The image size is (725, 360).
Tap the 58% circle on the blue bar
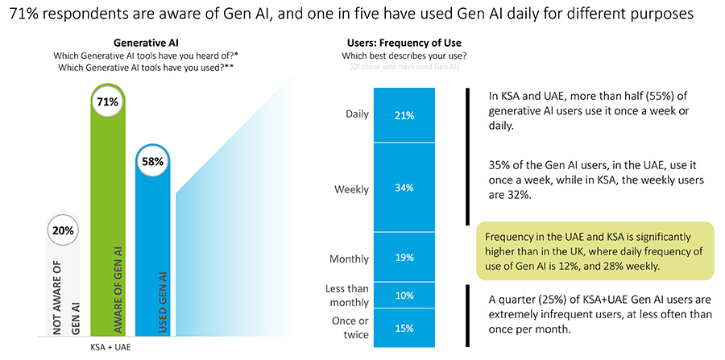pos(153,161)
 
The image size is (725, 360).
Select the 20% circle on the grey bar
pos(64,230)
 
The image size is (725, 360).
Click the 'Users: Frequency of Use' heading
pos(404,43)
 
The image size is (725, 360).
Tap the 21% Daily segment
pos(404,115)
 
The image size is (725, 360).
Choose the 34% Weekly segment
pos(404,188)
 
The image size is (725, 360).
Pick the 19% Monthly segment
pos(404,258)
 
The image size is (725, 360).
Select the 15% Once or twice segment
pos(404,328)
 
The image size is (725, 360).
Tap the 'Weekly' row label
pos(351,189)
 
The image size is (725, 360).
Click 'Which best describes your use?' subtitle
pos(404,56)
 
